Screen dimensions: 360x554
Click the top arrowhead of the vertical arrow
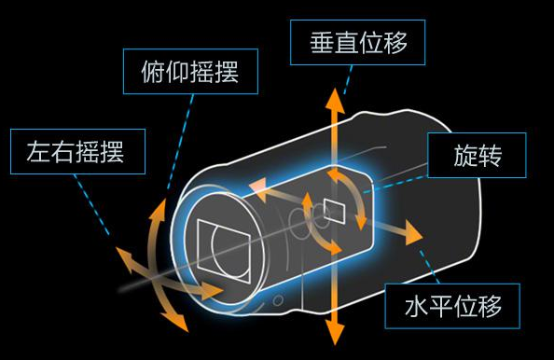click(333, 97)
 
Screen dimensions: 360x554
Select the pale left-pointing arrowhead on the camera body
click(257, 187)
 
